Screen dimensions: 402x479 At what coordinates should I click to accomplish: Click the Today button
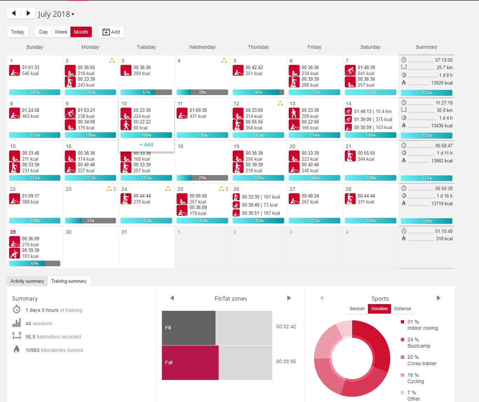pyautogui.click(x=18, y=32)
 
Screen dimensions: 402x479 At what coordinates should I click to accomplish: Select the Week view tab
pyautogui.click(x=61, y=32)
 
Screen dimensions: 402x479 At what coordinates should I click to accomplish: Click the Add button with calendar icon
pyautogui.click(x=111, y=32)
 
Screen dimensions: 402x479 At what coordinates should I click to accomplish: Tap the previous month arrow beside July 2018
pyautogui.click(x=14, y=13)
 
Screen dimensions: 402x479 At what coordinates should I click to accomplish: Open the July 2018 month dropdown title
pyautogui.click(x=56, y=14)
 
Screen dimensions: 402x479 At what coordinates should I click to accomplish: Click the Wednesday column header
pyautogui.click(x=202, y=47)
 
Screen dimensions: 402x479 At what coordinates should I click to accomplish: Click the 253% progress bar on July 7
pyautogui.click(x=370, y=92)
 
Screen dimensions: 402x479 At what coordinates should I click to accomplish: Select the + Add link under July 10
pyautogui.click(x=146, y=145)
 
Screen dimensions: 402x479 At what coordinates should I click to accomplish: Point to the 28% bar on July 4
pyautogui.click(x=202, y=92)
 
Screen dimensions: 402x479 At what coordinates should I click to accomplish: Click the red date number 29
pyautogui.click(x=13, y=232)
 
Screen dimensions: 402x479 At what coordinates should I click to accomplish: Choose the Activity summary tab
pyautogui.click(x=27, y=281)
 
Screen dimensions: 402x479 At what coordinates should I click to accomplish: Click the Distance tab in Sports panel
pyautogui.click(x=402, y=309)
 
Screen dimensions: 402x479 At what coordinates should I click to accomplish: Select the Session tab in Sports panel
pyautogui.click(x=357, y=309)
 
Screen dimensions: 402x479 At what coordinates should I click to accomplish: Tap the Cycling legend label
pyautogui.click(x=416, y=381)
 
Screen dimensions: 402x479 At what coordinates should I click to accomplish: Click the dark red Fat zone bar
pyautogui.click(x=190, y=362)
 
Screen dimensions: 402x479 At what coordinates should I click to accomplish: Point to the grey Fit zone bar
pyautogui.click(x=189, y=328)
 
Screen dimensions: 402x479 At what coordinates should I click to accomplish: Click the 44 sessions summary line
pyautogui.click(x=39, y=323)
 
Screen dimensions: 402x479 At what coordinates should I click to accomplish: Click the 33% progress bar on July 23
pyautogui.click(x=90, y=221)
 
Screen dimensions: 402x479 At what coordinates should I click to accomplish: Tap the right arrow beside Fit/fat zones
pyautogui.click(x=289, y=298)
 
